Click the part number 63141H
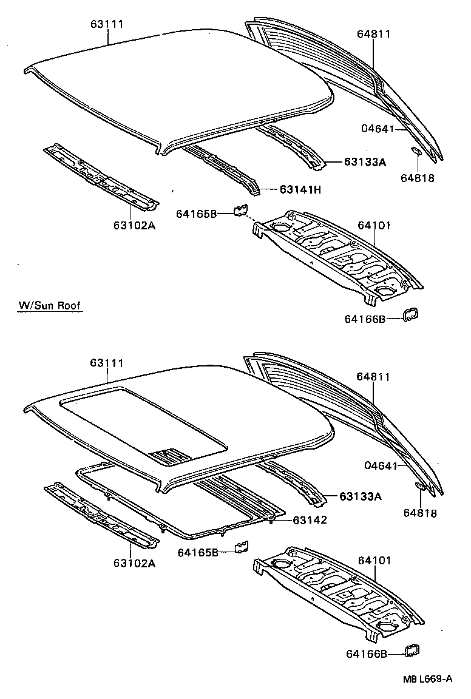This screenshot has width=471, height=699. click(x=300, y=190)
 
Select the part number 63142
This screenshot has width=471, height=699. click(x=310, y=520)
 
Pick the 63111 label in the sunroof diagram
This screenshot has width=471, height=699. click(x=107, y=363)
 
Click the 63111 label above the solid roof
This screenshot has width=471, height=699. click(x=107, y=24)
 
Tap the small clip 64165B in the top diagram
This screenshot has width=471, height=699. click(x=240, y=210)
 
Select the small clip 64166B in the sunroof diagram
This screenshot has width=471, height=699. click(x=413, y=650)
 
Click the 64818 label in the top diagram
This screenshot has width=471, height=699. click(x=418, y=178)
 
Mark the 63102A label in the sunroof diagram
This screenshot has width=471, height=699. click(x=134, y=562)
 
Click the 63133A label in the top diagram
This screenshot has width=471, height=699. click(x=365, y=162)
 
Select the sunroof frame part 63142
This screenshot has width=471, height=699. click(x=182, y=522)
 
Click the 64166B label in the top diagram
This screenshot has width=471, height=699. click(x=365, y=318)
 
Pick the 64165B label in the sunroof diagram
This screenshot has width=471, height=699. click(x=197, y=552)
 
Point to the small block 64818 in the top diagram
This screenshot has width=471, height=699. click(x=417, y=150)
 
